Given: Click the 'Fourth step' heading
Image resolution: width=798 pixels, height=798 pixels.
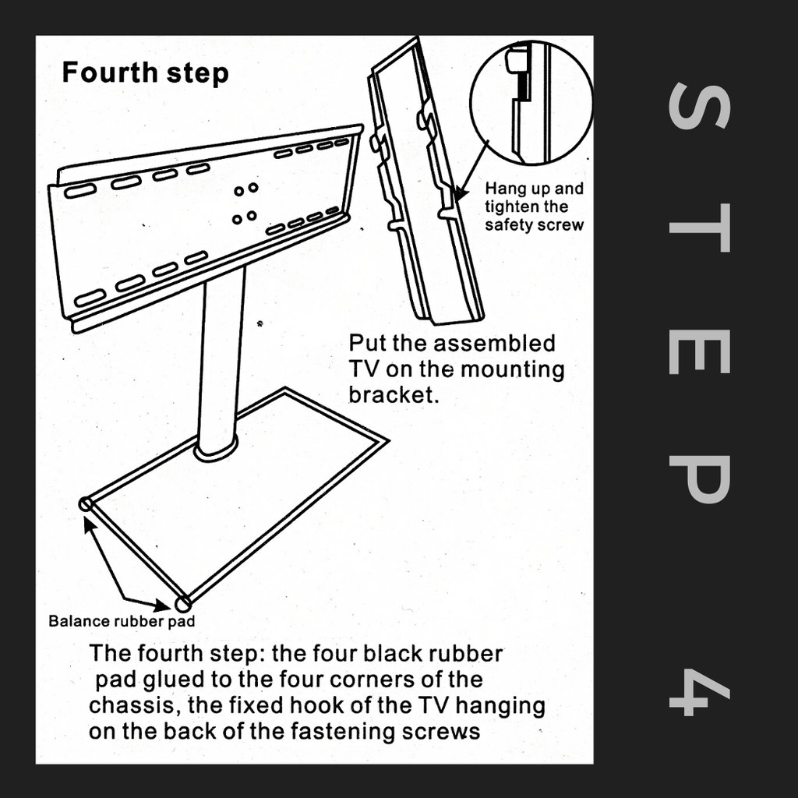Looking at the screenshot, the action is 145,72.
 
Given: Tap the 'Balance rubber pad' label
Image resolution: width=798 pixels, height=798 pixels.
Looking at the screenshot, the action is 122,621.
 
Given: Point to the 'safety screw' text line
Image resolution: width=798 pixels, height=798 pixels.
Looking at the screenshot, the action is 534,225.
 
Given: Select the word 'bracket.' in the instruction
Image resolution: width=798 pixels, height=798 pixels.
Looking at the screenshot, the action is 394,395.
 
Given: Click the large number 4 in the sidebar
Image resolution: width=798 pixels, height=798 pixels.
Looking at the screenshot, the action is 700,692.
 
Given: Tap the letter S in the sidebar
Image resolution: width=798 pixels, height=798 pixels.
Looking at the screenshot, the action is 700,107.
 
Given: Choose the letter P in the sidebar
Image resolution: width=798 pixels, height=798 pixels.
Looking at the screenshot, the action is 700,479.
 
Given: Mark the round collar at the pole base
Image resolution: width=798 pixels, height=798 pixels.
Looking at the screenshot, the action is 217,450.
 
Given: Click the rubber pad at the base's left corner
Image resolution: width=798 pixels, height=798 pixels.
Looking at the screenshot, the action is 86,505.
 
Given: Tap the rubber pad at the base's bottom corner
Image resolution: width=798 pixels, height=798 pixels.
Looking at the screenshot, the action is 182,604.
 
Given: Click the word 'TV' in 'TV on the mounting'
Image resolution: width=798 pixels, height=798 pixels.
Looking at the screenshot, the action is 363,369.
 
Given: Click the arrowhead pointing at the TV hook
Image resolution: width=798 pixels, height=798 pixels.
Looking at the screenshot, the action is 459,193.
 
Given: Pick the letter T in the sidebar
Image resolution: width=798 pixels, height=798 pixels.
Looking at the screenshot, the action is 700,228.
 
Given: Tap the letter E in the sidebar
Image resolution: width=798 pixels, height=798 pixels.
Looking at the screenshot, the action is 700,351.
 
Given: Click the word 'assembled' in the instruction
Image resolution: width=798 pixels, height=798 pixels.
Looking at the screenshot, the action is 494,344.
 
